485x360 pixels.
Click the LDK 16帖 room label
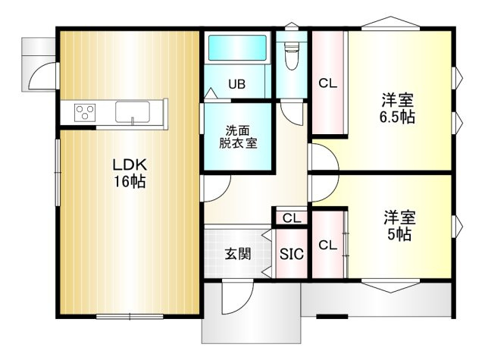click(x=130, y=174)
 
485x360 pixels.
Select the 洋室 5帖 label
click(x=397, y=226)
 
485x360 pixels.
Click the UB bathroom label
click(x=236, y=84)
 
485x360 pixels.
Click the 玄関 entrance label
click(x=236, y=254)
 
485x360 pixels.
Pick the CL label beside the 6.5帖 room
click(x=327, y=83)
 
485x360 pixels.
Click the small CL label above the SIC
click(x=292, y=218)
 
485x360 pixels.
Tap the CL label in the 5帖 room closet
click(x=327, y=245)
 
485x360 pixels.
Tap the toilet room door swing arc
click(x=293, y=110)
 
